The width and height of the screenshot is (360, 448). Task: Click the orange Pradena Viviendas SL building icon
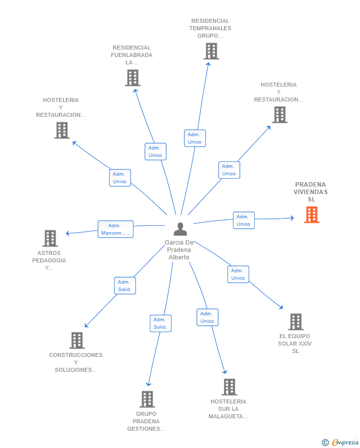pos(312,214)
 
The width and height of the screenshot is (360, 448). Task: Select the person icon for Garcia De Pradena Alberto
pos(180,229)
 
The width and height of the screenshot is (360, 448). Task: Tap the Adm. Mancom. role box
pos(115,229)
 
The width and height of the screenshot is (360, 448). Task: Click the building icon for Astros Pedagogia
pos(50,238)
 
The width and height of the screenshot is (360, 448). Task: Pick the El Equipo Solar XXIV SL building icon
pos(296,322)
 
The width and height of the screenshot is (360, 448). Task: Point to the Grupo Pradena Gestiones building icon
pos(147,399)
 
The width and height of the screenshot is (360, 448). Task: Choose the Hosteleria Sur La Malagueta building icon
pos(229,387)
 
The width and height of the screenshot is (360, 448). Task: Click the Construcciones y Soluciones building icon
pos(77,340)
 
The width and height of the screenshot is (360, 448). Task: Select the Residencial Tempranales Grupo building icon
pos(211,51)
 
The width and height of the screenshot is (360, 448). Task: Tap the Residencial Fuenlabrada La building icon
pos(133,78)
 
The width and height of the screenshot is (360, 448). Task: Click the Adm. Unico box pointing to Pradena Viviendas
pos(243,220)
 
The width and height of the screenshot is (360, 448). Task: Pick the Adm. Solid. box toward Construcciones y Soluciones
pos(125,286)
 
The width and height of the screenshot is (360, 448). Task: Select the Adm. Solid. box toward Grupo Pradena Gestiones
pos(160,323)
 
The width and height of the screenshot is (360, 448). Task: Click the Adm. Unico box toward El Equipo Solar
pos(238,274)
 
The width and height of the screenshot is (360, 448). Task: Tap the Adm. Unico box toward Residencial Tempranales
pos(195,138)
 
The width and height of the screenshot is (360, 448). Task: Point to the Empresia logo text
pos(345,442)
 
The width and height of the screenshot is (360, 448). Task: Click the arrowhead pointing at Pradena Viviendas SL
pos(292,218)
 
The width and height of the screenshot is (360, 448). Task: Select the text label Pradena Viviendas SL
pos(311,192)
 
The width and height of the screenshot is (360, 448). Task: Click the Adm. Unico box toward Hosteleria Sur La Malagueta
pos(207,317)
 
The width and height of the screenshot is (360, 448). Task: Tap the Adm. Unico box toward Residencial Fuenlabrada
pos(155,151)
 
